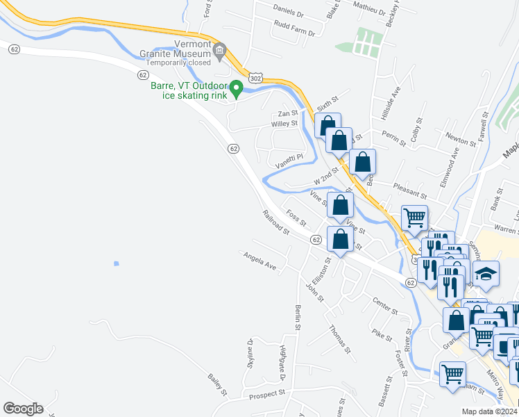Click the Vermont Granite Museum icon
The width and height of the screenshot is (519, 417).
click(x=221, y=50)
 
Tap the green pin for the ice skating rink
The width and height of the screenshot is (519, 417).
click(x=236, y=88)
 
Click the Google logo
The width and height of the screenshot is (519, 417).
click(x=23, y=409)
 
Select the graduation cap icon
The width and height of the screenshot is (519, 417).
click(x=486, y=274)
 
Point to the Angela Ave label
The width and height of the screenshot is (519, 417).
click(x=260, y=261)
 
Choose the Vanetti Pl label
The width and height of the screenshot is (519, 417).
click(x=289, y=161)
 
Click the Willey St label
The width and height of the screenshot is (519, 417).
click(x=284, y=124)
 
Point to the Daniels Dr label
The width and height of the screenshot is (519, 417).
click(x=289, y=12)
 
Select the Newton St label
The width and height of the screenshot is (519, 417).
click(x=461, y=138)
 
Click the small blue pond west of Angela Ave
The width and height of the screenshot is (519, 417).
click(x=115, y=263)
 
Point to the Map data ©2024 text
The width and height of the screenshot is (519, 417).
click(x=488, y=411)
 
